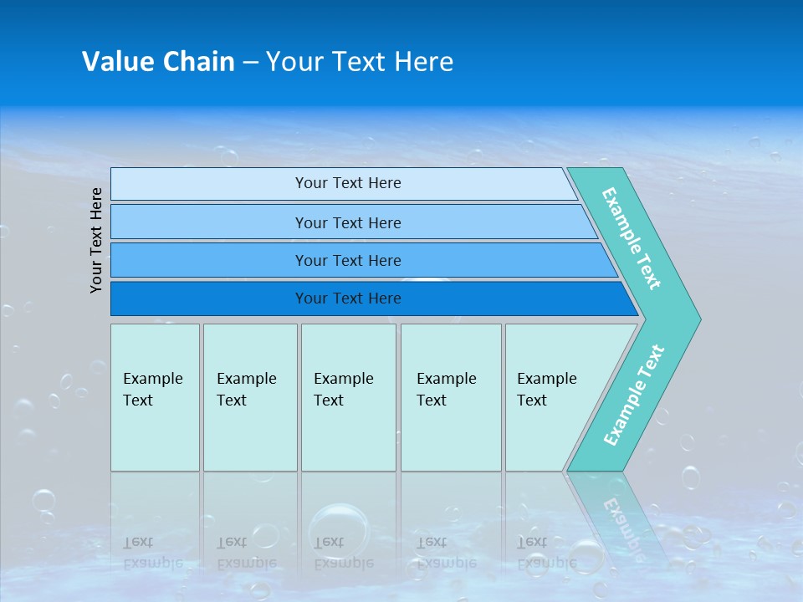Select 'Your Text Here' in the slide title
coord(360,62)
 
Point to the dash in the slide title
coord(250,63)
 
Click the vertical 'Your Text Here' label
coord(96,240)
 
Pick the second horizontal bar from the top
coord(348,222)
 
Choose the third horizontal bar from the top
coord(348,260)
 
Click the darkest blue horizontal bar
coord(348,298)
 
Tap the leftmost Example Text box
coord(155,397)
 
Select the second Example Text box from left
coord(249,397)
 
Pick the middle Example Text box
coord(348,397)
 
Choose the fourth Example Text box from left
coord(451,397)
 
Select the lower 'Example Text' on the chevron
coord(634,395)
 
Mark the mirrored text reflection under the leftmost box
coord(151,552)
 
